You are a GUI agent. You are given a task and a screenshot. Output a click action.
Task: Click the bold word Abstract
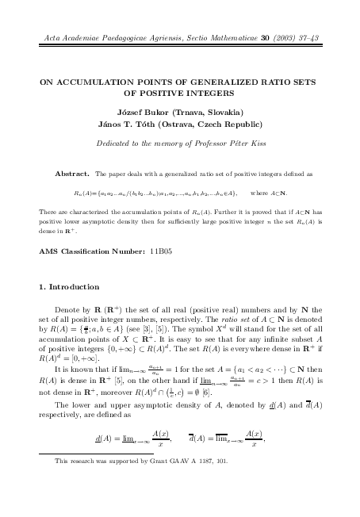(71, 172)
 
